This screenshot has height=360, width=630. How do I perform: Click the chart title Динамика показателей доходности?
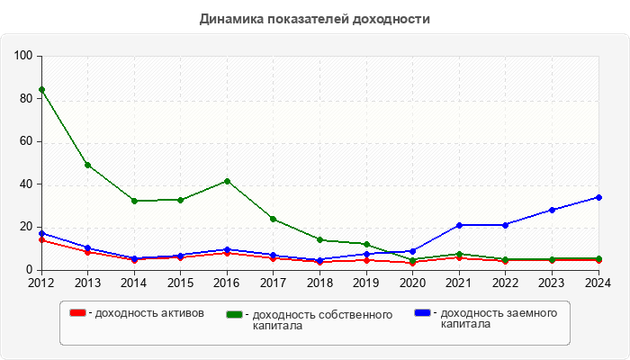click(x=314, y=18)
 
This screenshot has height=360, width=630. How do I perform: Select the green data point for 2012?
click(x=41, y=89)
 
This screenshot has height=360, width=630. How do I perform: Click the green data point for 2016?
click(x=227, y=181)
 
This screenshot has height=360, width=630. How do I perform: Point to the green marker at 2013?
click(x=87, y=165)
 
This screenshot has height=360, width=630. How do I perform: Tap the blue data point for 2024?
click(x=598, y=197)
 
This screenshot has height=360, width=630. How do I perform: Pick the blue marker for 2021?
click(x=459, y=225)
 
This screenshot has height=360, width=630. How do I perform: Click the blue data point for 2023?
click(x=552, y=210)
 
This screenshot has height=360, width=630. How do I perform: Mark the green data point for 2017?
click(x=274, y=219)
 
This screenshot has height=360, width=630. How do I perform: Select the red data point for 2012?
click(x=41, y=240)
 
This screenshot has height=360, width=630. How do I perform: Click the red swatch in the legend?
click(x=78, y=313)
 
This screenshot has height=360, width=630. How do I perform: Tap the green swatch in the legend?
click(x=235, y=315)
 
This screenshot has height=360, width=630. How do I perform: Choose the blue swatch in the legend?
click(x=422, y=313)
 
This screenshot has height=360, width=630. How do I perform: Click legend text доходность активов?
click(x=149, y=313)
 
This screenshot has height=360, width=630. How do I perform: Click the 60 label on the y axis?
click(x=27, y=141)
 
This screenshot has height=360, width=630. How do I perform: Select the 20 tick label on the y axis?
click(x=27, y=227)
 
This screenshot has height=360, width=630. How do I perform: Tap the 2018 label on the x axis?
click(x=319, y=283)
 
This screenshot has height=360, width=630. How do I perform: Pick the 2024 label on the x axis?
click(x=598, y=283)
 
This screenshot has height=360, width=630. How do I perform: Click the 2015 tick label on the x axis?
click(x=180, y=283)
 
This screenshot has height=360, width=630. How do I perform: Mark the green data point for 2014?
click(x=134, y=201)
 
